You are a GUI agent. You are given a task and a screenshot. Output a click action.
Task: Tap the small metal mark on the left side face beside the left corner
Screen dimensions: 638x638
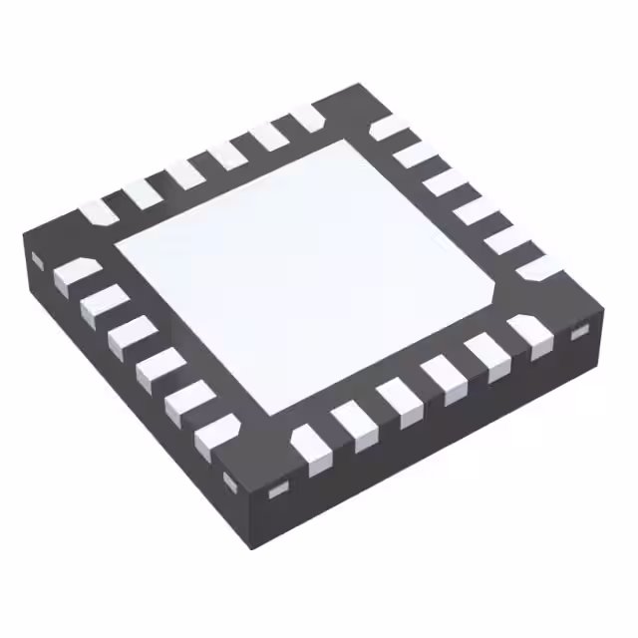coord(37,260)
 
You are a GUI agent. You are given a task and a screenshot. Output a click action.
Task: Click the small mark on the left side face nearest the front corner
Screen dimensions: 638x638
coord(230,482)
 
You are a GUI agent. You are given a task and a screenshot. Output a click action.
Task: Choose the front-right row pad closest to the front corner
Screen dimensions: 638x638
coord(312,446)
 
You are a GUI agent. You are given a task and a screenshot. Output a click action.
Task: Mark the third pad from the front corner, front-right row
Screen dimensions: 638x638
coord(398,402)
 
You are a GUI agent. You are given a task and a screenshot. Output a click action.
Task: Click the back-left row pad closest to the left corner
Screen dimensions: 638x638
coord(98,212)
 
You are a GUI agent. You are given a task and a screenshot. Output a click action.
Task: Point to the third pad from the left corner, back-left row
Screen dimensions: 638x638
coord(184,173)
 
